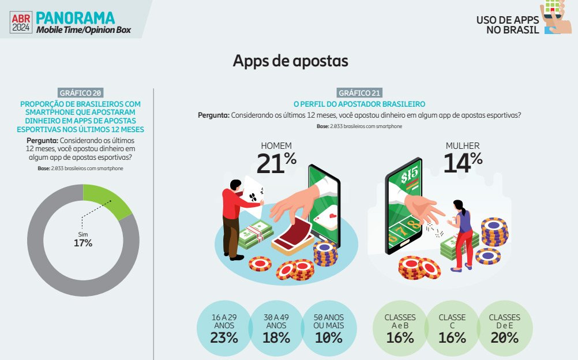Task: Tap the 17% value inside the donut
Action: pos(83,243)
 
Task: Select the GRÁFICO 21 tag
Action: pos(360,93)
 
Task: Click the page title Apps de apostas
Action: pos(290,61)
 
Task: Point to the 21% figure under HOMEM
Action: pos(276,163)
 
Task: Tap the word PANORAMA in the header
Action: pos(75,17)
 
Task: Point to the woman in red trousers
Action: pos(463,234)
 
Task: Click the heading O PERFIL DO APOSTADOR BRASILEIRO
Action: pos(359,104)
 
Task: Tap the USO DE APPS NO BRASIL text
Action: pos(507,25)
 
